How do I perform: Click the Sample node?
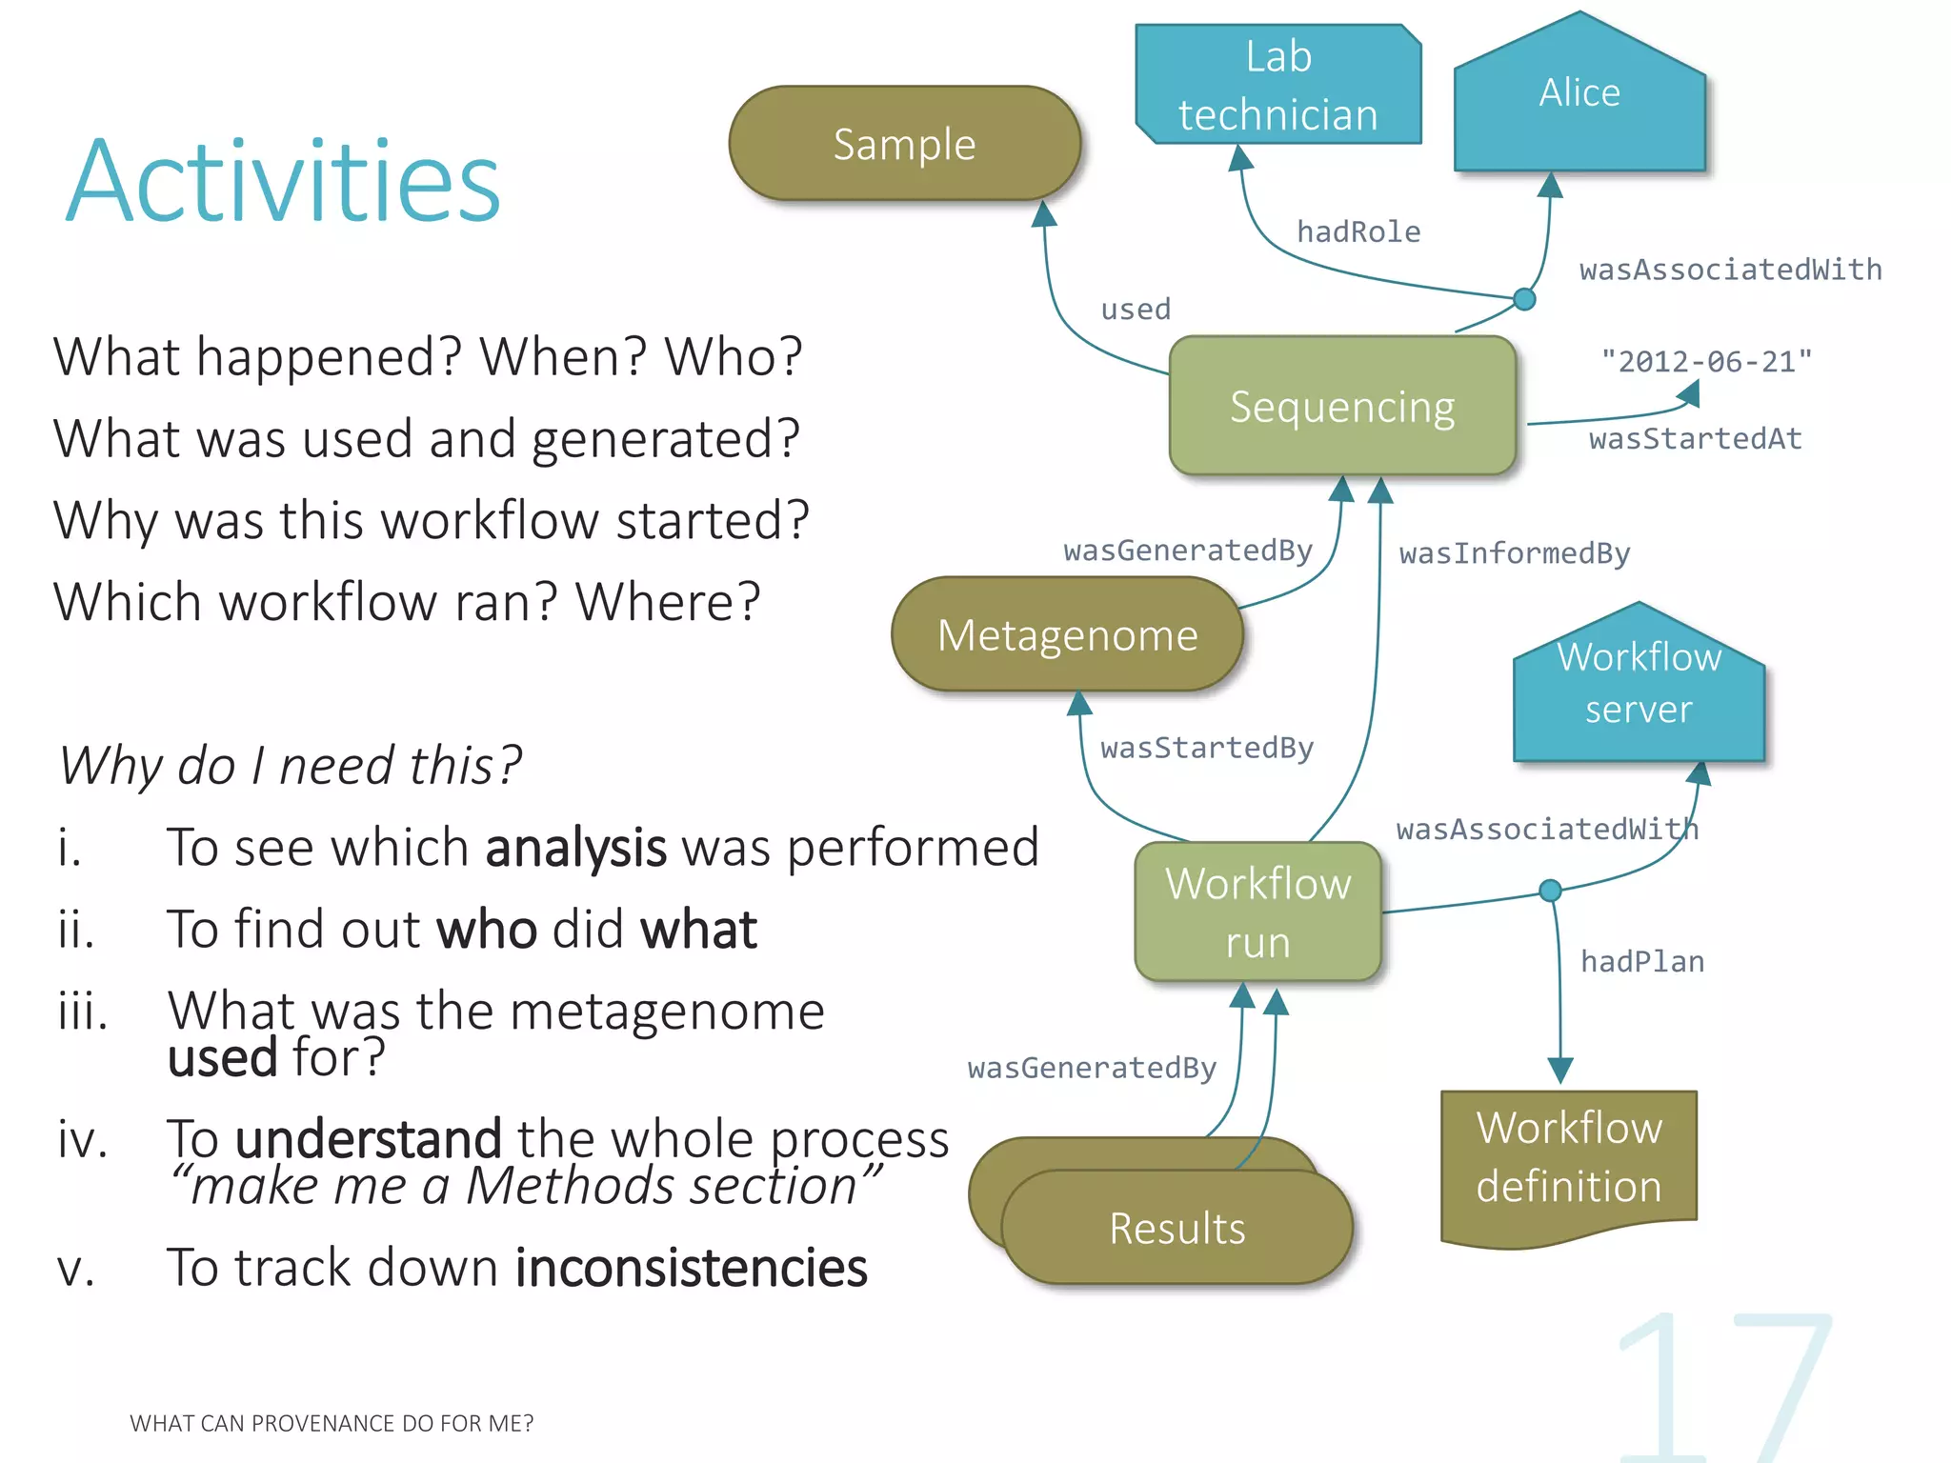[904, 144]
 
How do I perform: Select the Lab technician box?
[1277, 86]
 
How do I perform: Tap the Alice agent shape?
[1579, 105]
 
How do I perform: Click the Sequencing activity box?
[1341, 407]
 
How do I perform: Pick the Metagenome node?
[1067, 634]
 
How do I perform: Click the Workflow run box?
[1257, 912]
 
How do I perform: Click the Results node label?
[1177, 1229]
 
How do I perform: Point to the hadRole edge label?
[1358, 231]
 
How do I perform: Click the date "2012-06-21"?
[1706, 361]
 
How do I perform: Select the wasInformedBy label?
[1515, 553]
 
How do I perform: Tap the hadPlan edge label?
[1642, 962]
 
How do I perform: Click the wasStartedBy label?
[1207, 748]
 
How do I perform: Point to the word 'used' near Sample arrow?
[1136, 309]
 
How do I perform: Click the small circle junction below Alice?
[1524, 300]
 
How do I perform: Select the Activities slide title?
[283, 181]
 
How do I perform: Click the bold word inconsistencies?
[692, 1268]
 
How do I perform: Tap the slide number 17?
[1724, 1386]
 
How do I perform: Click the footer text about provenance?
[332, 1423]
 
